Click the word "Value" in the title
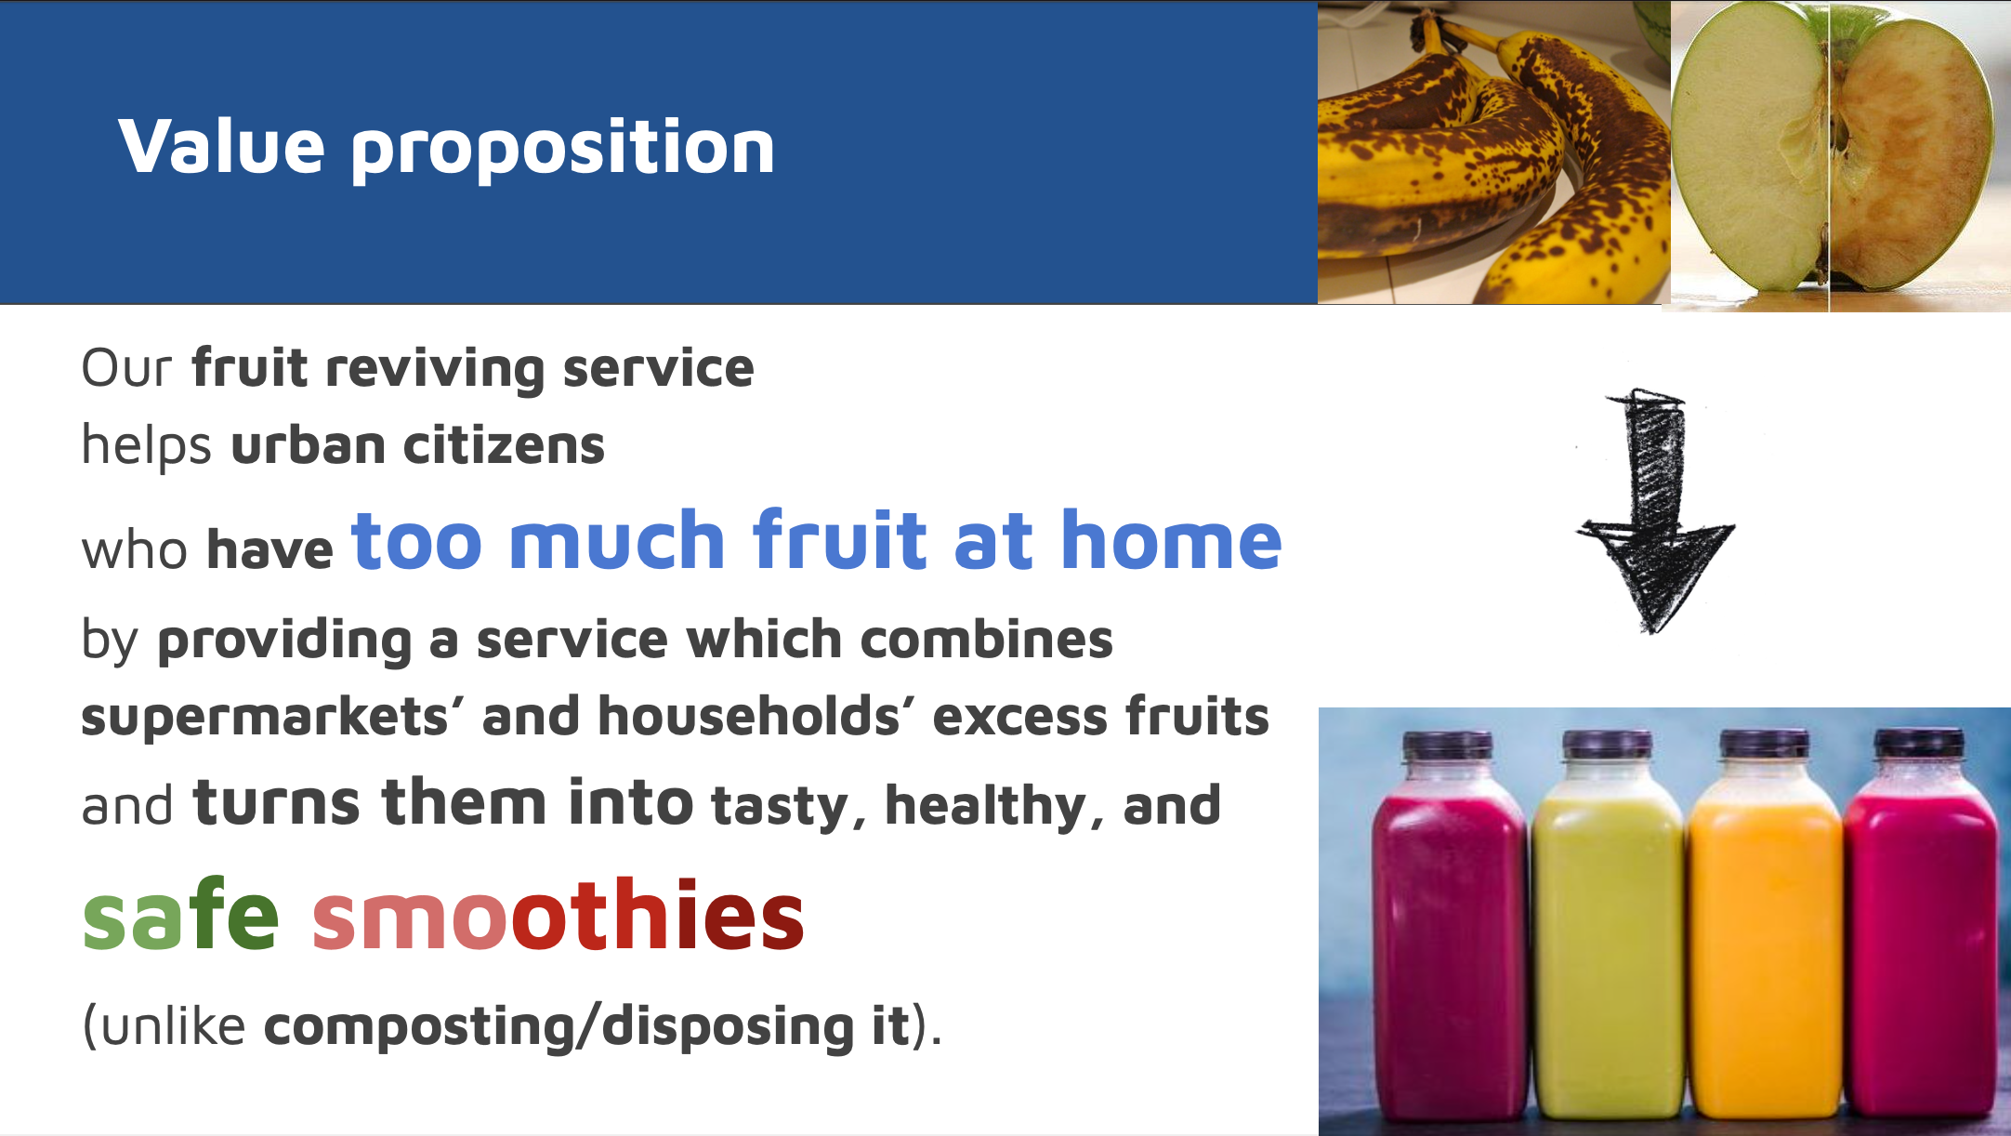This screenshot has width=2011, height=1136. pos(222,146)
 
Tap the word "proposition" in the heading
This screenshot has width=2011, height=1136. pos(562,149)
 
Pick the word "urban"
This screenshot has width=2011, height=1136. pos(309,444)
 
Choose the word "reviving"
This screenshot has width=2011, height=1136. pos(435,369)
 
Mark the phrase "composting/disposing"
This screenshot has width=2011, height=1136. pos(559,1026)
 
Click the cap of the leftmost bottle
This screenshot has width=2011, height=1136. pos(1448,746)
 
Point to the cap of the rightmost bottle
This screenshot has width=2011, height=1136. pos(1919,744)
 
